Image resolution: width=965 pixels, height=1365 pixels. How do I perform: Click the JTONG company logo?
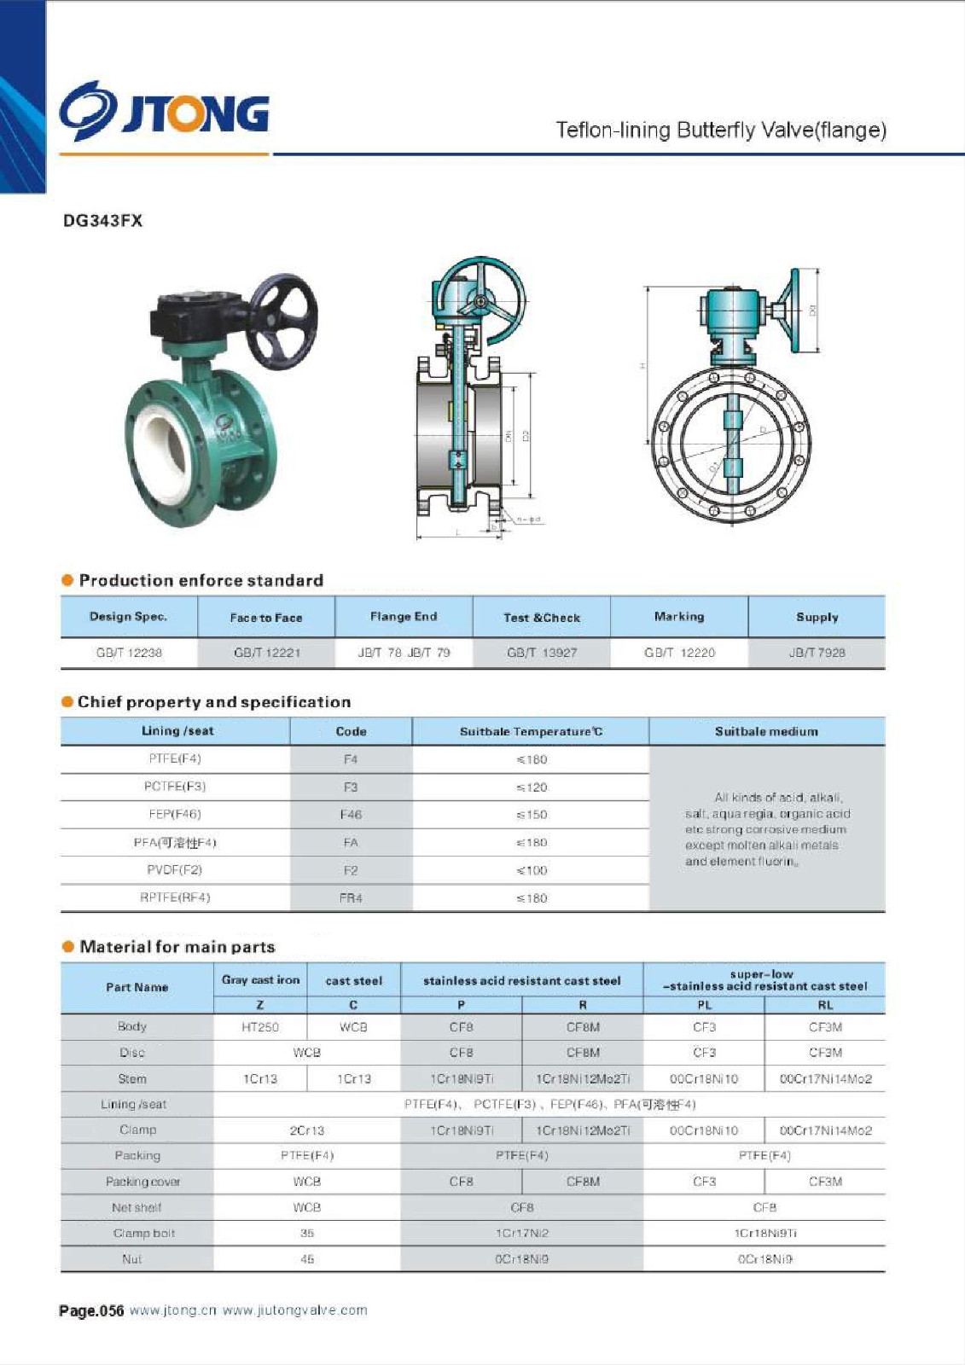pyautogui.click(x=164, y=112)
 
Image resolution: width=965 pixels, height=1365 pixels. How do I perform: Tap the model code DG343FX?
pyautogui.click(x=102, y=221)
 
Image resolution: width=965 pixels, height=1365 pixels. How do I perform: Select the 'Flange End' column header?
pyautogui.click(x=404, y=617)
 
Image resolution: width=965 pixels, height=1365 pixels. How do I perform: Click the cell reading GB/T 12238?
pyautogui.click(x=129, y=653)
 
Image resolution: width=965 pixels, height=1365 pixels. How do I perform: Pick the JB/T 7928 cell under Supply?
pyautogui.click(x=817, y=653)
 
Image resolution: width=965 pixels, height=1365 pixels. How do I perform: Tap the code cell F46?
pyautogui.click(x=351, y=815)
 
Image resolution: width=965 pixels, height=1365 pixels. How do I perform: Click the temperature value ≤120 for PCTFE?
pyautogui.click(x=531, y=787)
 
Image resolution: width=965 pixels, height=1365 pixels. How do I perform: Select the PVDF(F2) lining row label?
pyautogui.click(x=175, y=870)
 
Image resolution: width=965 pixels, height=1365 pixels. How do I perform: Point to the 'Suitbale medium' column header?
pyautogui.click(x=766, y=731)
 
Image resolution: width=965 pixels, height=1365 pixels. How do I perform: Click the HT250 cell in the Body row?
pyautogui.click(x=260, y=1027)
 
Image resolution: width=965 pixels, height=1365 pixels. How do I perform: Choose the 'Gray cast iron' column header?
pyautogui.click(x=260, y=980)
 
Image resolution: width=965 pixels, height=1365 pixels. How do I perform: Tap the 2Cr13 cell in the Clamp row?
pyautogui.click(x=307, y=1130)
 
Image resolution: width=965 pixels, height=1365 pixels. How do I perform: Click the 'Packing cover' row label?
pyautogui.click(x=142, y=1182)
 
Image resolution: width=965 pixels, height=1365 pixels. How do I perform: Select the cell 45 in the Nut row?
pyautogui.click(x=307, y=1259)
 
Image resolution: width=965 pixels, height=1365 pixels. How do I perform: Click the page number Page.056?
pyautogui.click(x=91, y=1310)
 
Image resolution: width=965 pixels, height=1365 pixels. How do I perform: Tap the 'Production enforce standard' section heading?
pyautogui.click(x=201, y=581)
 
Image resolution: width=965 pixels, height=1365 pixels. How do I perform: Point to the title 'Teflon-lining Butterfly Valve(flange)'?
pyautogui.click(x=721, y=131)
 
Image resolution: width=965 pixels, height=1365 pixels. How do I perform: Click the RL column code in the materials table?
pyautogui.click(x=824, y=1005)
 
